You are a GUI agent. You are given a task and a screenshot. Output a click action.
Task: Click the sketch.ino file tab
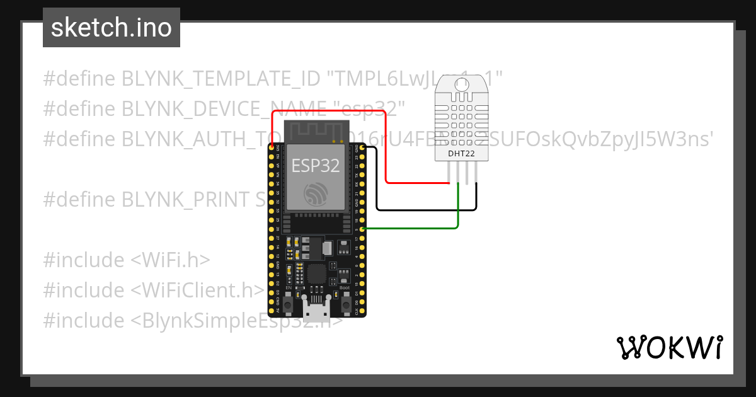point(112,28)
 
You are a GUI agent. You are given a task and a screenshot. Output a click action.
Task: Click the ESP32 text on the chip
point(316,166)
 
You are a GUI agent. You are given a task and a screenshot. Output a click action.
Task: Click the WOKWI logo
point(669,347)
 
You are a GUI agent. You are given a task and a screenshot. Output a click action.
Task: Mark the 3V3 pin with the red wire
point(271,147)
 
